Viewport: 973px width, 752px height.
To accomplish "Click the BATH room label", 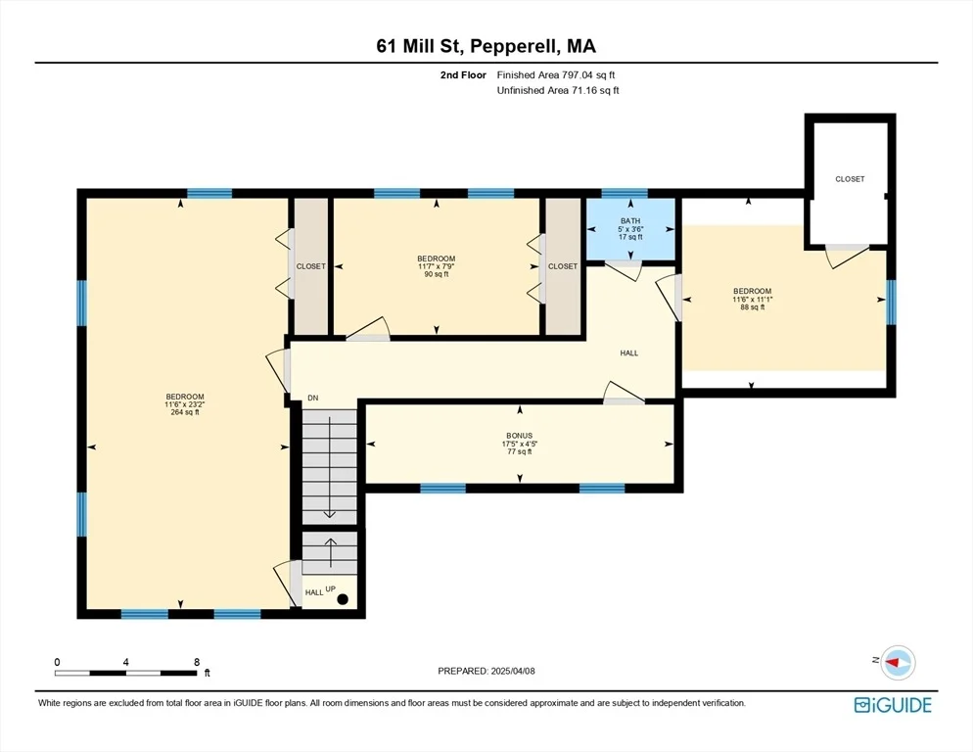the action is pos(630,221).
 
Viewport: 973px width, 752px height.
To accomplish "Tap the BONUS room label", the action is pos(520,436).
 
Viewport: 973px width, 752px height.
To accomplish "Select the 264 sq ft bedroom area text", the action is pos(185,412).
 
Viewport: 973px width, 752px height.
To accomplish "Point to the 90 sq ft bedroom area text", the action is pos(437,274).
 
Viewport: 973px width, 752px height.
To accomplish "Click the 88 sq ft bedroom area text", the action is pos(752,307).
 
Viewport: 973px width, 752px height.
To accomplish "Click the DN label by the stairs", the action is pos(313,399).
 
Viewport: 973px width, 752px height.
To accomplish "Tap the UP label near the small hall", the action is pos(331,588).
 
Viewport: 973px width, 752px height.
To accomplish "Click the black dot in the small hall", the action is pos(343,600).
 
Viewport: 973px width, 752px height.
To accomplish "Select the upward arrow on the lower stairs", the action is pos(330,552).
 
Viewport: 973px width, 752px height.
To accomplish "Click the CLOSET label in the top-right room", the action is pos(850,179).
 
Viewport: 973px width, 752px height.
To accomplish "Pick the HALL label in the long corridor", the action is pos(629,353).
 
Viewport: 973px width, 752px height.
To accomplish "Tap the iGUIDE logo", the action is pos(893,705).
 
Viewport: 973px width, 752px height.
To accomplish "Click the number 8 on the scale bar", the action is pos(197,662).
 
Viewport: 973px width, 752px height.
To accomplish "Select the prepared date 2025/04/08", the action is pos(513,672).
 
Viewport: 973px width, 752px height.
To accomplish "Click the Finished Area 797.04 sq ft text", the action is pos(556,75).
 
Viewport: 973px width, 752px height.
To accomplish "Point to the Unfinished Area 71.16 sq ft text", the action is pos(558,91).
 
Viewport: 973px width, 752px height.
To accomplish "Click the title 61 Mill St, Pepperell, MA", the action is pos(486,46).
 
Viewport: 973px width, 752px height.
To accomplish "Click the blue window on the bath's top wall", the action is pos(625,193).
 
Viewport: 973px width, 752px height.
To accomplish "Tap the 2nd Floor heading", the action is pos(463,75).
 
